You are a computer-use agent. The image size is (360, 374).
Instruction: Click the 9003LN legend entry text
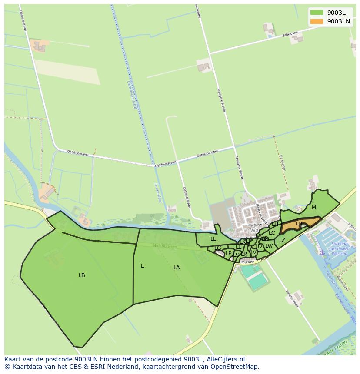(338, 21)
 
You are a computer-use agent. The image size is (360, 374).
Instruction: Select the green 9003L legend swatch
(317, 12)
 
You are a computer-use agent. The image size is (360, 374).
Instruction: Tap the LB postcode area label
(82, 275)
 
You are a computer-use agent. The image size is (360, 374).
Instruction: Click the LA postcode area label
(177, 268)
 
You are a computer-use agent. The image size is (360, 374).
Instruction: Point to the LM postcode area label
(313, 208)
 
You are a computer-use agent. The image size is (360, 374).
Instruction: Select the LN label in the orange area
(299, 224)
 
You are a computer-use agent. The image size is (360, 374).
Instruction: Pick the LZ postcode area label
(282, 240)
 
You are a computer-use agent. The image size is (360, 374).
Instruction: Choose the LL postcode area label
(213, 239)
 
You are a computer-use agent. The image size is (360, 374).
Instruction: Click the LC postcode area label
(272, 233)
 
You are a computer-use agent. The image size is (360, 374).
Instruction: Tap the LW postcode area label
(269, 246)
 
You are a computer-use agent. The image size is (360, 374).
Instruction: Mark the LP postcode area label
(229, 253)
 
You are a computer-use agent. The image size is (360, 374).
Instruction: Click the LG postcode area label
(218, 248)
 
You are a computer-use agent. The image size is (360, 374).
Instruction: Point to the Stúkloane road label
(290, 34)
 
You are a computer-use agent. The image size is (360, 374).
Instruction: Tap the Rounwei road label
(247, 262)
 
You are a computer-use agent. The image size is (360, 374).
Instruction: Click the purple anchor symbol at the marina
(322, 252)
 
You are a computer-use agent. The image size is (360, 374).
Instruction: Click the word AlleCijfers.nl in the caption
(227, 359)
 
